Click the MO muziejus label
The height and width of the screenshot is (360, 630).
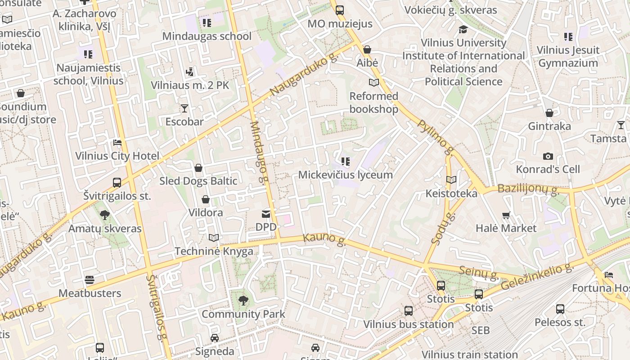(340, 23)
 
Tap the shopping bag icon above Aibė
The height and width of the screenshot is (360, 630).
(367, 49)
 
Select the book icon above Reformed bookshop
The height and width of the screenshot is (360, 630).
(373, 82)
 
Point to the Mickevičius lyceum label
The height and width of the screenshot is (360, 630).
(345, 175)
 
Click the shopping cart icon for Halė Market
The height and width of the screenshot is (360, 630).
(506, 216)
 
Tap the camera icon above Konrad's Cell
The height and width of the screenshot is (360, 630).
(548, 156)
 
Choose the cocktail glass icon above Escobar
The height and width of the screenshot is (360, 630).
(184, 108)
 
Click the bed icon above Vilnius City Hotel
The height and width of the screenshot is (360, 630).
(117, 143)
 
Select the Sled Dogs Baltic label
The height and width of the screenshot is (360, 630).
(198, 181)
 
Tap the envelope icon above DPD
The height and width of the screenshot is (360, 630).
(266, 214)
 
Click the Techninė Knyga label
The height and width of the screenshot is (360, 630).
(214, 251)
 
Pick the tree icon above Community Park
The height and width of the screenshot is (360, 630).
(243, 300)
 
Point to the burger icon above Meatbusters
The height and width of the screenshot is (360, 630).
(90, 280)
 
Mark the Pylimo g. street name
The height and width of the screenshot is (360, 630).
(436, 137)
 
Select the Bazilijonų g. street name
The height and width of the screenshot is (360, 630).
(528, 189)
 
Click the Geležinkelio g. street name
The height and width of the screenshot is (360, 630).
(537, 277)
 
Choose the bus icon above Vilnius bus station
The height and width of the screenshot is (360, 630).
(409, 311)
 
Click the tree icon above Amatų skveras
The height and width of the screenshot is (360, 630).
(105, 215)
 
